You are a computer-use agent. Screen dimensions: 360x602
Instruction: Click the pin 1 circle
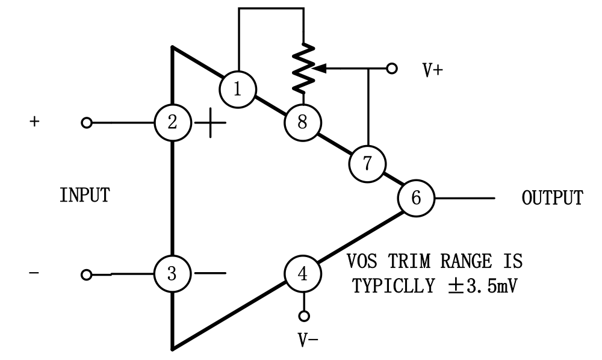[237, 89]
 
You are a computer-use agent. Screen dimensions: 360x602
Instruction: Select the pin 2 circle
[172, 123]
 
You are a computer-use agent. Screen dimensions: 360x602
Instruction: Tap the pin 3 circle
[172, 275]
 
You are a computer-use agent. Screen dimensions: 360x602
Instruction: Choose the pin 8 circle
[302, 123]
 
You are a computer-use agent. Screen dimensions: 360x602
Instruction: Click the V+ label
[432, 70]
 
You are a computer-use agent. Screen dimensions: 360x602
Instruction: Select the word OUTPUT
[552, 198]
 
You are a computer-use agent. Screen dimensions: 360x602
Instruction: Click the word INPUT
[84, 195]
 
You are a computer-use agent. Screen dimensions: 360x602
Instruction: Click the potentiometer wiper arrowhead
[321, 69]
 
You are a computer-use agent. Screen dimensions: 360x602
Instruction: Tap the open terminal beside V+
[392, 69]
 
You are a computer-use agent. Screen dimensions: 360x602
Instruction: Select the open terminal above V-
[304, 315]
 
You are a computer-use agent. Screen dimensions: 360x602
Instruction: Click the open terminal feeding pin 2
[87, 123]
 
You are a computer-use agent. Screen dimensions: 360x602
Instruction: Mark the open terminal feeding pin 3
[87, 275]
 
